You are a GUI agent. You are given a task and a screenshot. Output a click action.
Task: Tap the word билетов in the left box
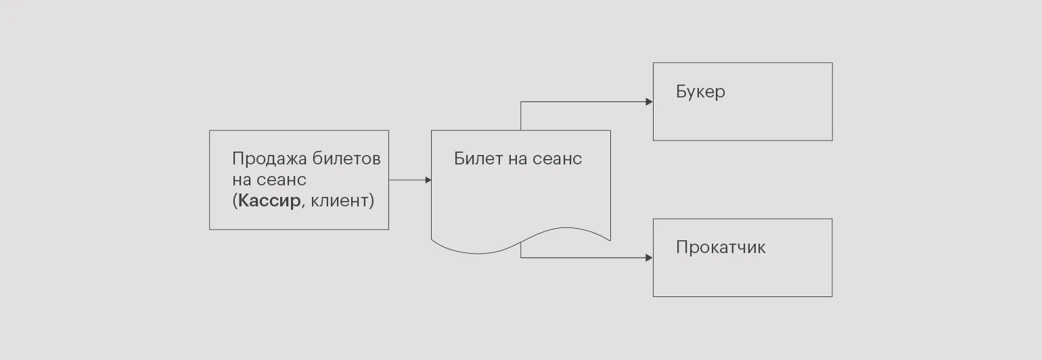[347, 159]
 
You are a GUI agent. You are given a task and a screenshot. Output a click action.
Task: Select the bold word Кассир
[269, 201]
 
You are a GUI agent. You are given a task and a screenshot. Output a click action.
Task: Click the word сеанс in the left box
[282, 180]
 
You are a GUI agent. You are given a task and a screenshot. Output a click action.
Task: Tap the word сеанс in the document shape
[558, 159]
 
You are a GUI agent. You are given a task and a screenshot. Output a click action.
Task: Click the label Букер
[700, 92]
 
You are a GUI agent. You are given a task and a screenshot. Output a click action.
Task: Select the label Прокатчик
[721, 248]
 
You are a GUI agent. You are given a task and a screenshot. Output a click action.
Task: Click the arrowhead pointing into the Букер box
[650, 102]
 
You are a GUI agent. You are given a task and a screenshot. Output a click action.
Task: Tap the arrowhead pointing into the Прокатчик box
[650, 258]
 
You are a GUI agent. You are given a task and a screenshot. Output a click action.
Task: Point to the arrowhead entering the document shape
[428, 180]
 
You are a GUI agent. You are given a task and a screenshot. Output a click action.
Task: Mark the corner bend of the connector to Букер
[521, 102]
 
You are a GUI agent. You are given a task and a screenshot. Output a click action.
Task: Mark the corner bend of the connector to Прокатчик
[521, 258]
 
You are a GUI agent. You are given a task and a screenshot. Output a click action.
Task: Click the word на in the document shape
[517, 159]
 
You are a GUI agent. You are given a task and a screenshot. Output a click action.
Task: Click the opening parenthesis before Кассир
[235, 202]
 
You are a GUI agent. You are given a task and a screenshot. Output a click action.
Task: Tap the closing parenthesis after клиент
[371, 202]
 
